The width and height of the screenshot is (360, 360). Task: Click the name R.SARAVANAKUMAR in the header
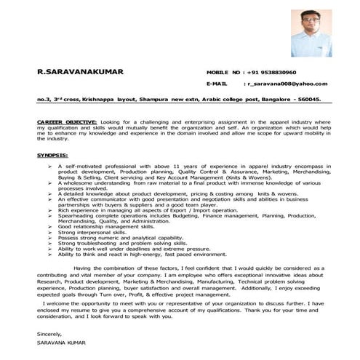coord(80,71)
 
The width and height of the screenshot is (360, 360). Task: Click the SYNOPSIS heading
coord(52,156)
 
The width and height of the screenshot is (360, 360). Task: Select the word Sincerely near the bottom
coord(51,333)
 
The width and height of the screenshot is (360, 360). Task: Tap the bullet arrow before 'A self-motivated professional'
coord(49,166)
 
